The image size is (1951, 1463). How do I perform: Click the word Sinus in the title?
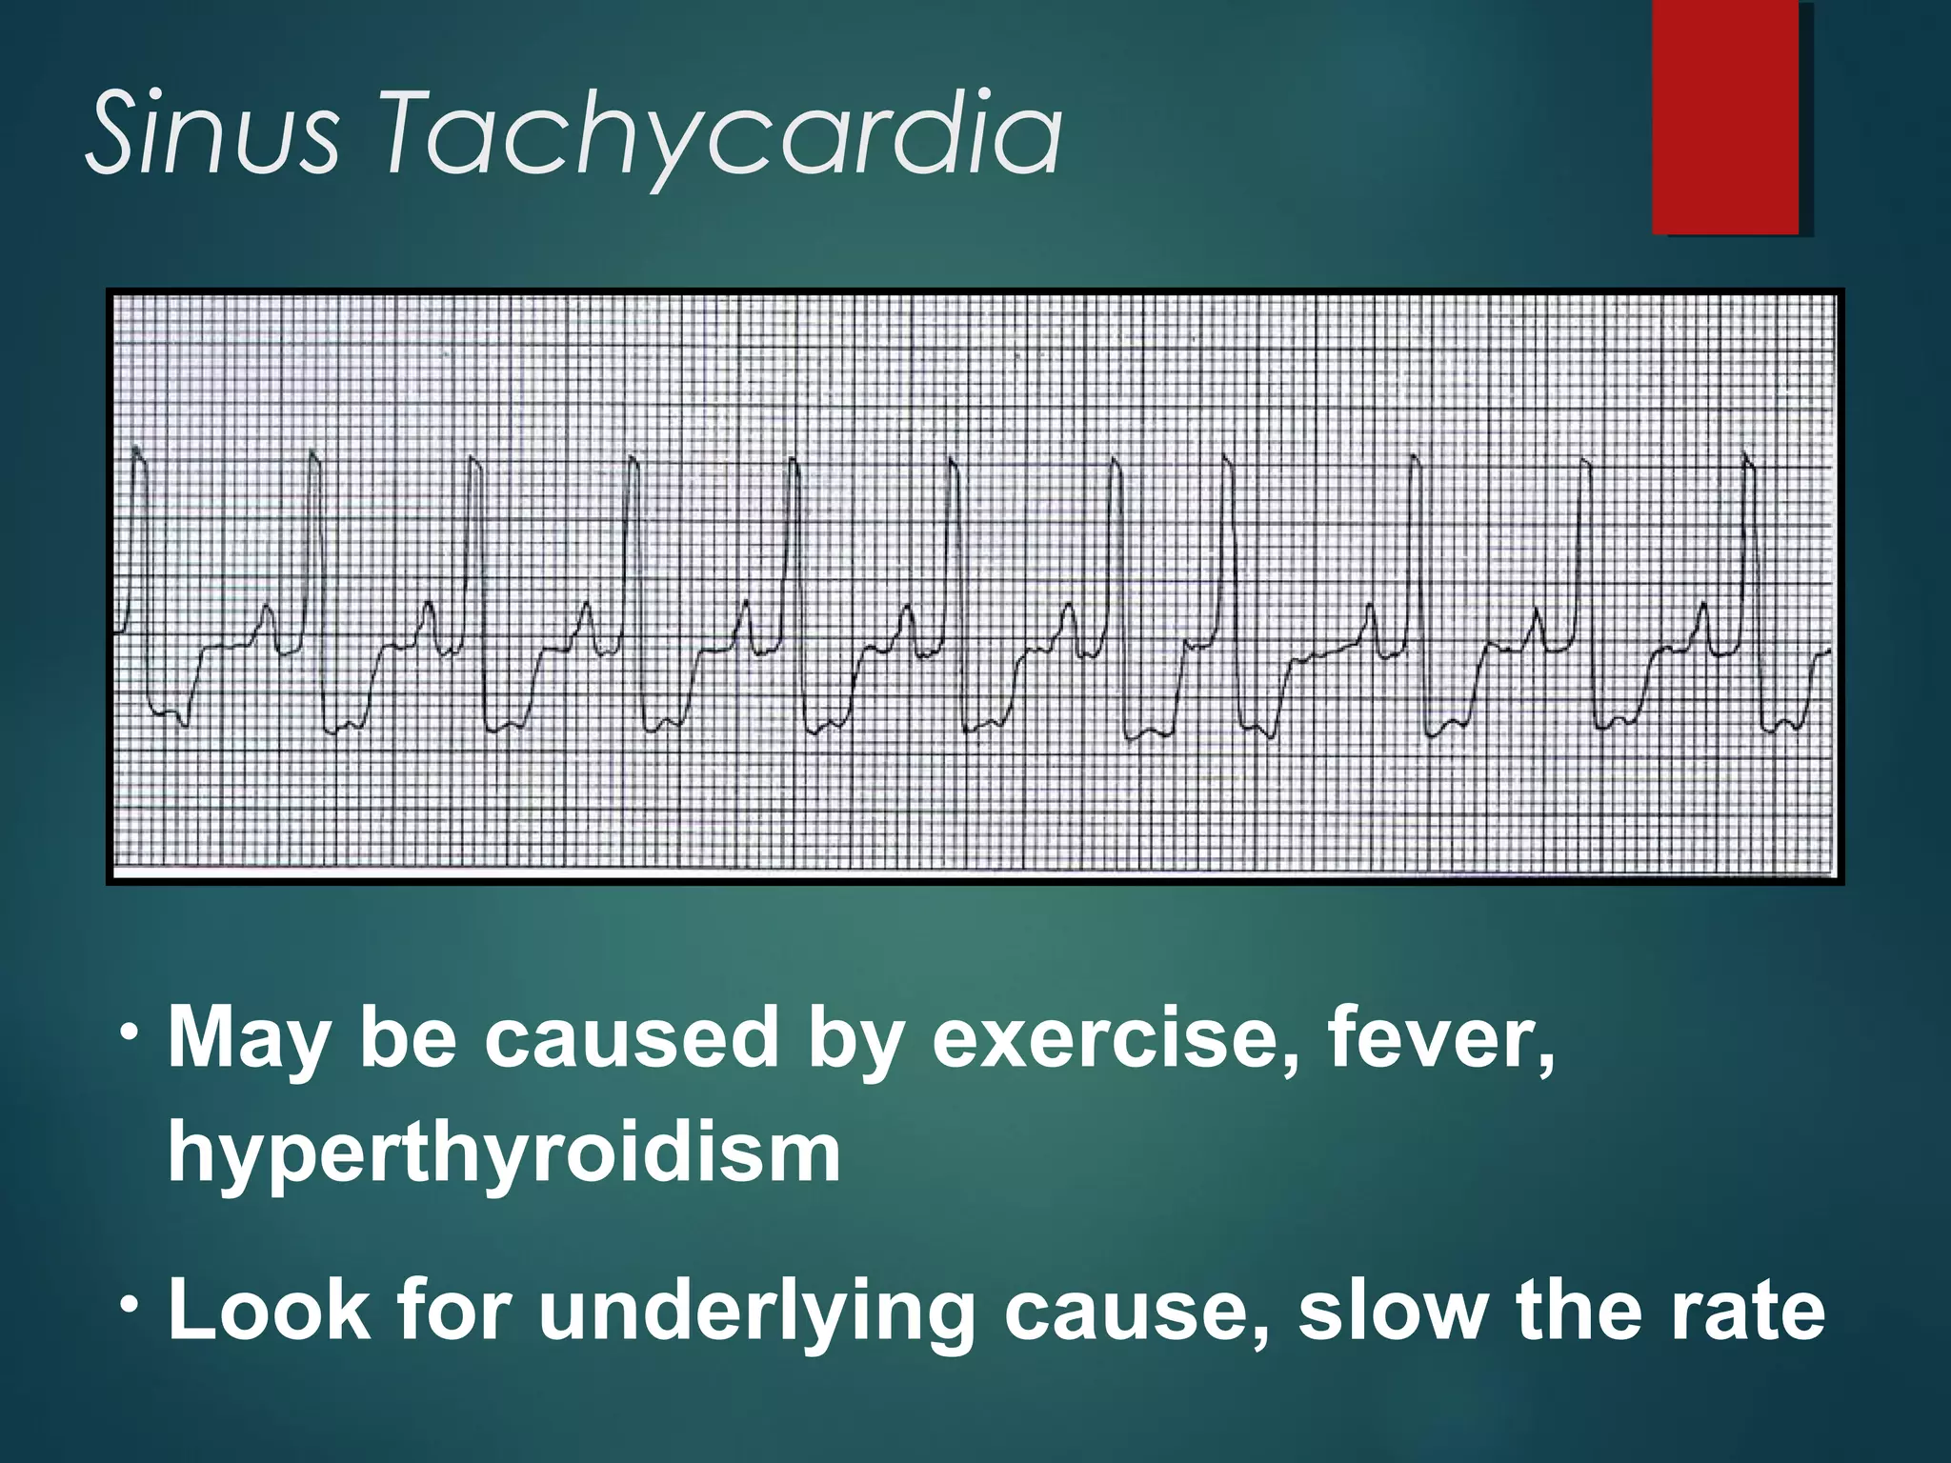pyautogui.click(x=211, y=133)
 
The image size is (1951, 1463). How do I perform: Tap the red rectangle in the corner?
pyautogui.click(x=1725, y=116)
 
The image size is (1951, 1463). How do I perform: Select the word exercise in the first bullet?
pyautogui.click(x=1116, y=1037)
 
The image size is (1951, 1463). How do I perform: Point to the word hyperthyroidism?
pyautogui.click(x=504, y=1152)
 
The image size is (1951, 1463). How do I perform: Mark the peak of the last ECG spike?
pyautogui.click(x=1746, y=453)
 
